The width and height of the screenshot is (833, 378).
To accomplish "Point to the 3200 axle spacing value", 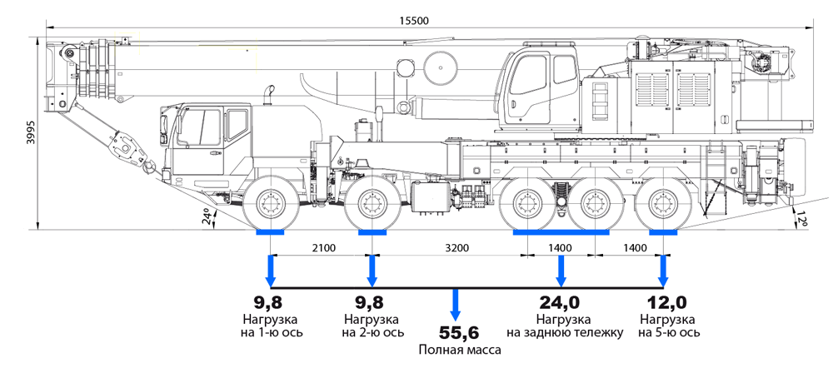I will pos(456,247).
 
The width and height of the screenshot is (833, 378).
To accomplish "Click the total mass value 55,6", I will pos(455,332).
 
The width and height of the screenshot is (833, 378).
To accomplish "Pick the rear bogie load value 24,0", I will pos(561,303).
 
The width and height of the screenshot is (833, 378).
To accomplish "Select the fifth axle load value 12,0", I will pos(663,303).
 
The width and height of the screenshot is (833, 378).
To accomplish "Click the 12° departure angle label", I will pos(803,218).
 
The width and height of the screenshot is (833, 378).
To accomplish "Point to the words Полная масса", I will pos(455,351).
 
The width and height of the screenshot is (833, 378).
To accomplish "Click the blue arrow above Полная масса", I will pos(455,304).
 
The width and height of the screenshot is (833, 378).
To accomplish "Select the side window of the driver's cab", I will pos(200,129).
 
